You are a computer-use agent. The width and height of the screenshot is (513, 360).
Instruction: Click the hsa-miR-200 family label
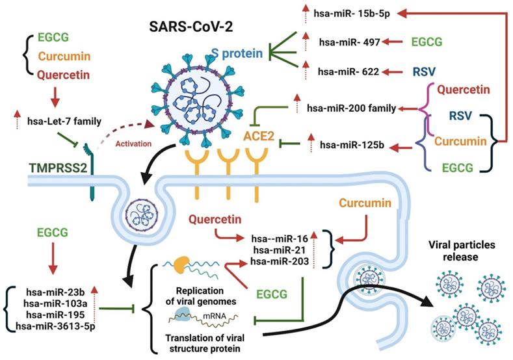[x=351, y=107]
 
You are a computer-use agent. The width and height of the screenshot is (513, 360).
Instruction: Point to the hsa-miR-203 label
[x=279, y=261]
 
